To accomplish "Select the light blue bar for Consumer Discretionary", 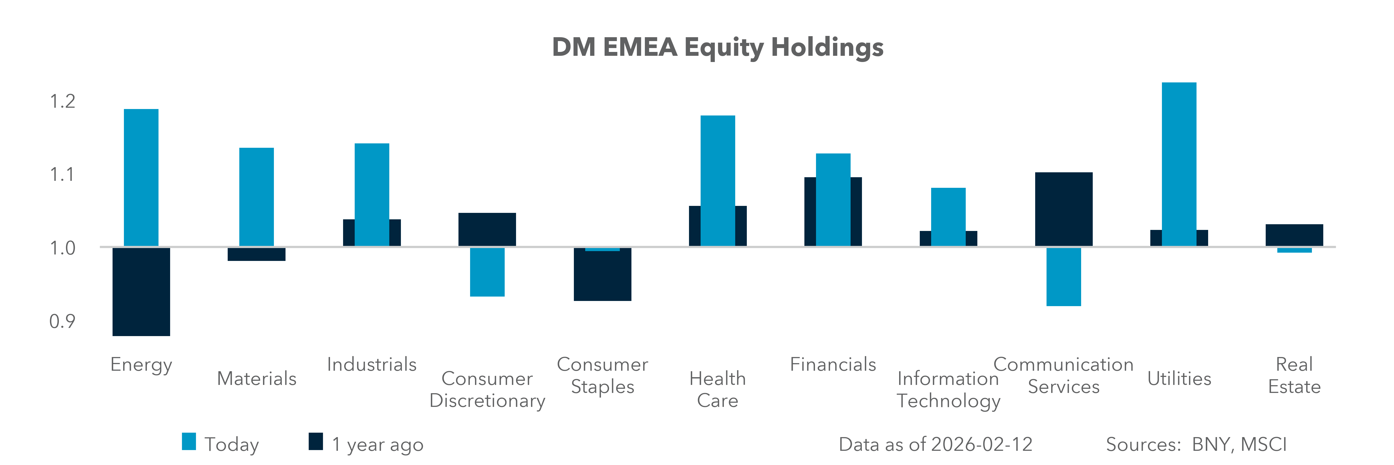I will (x=487, y=272).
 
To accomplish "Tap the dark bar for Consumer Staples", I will (x=602, y=276).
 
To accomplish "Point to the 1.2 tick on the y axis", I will (x=62, y=101).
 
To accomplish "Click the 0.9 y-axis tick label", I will (x=62, y=322).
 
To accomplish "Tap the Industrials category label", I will (x=372, y=364).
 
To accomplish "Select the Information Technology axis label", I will (x=948, y=389).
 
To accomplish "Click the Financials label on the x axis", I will (x=833, y=364).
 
